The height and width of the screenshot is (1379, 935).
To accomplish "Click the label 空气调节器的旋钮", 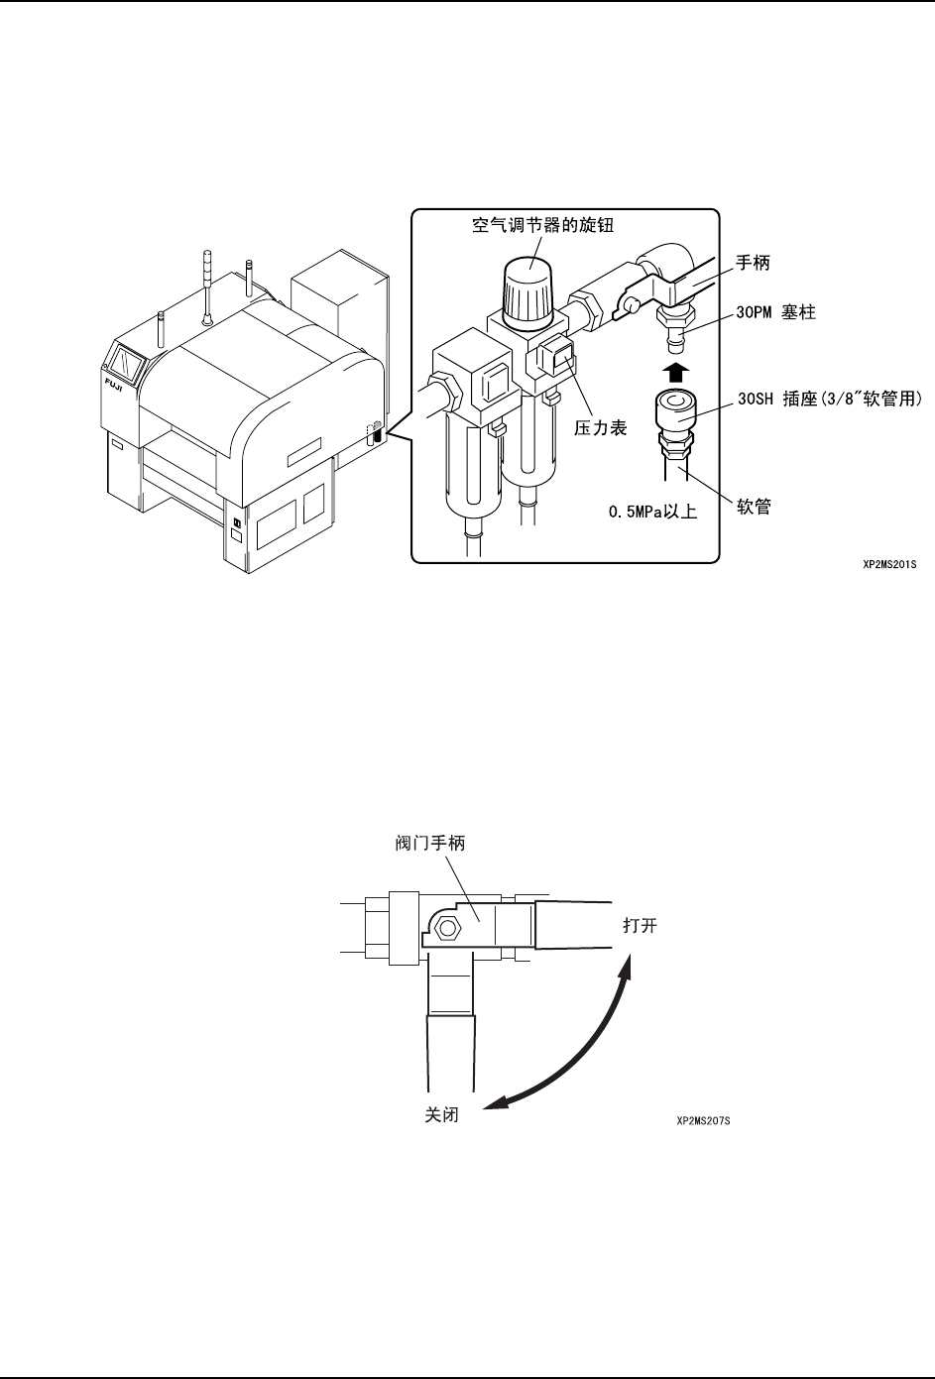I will (543, 226).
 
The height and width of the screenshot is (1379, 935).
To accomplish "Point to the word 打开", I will (640, 927).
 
